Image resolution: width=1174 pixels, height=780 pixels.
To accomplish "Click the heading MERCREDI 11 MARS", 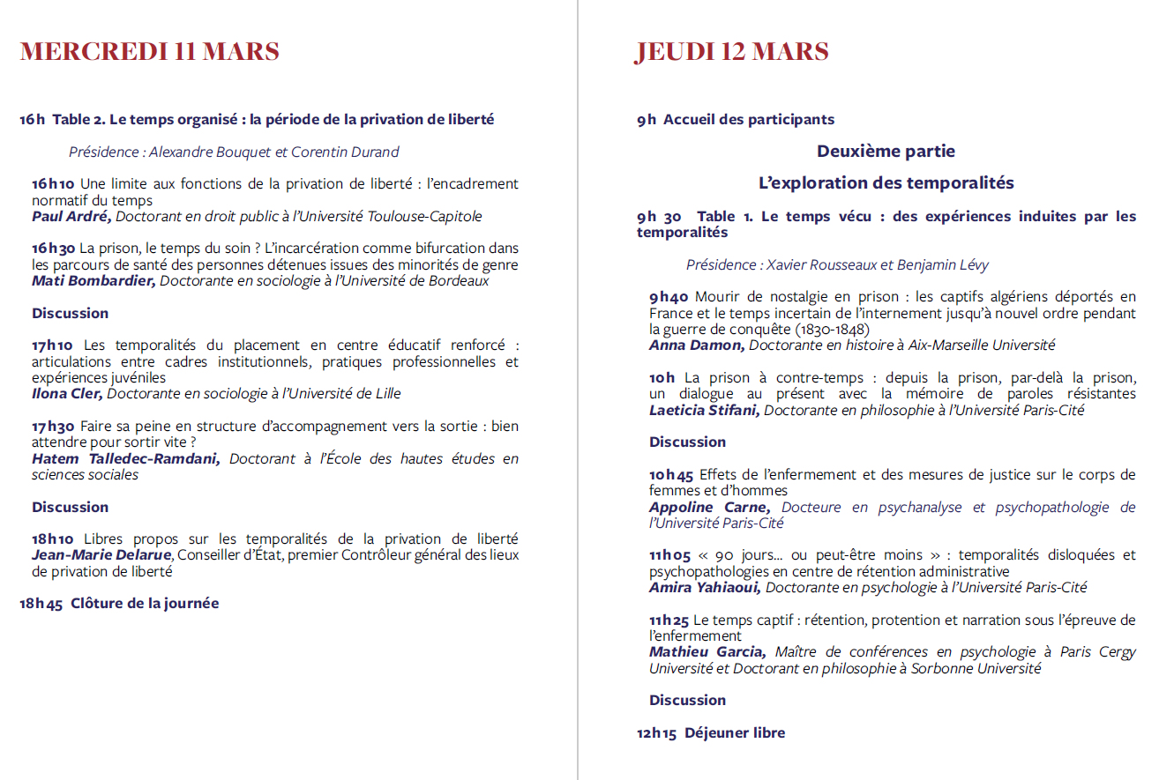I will [149, 52].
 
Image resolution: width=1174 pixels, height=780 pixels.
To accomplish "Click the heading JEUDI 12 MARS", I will [731, 52].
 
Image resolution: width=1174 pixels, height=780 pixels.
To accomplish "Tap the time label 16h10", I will [53, 184].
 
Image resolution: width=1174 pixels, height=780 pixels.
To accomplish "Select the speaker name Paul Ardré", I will [71, 216].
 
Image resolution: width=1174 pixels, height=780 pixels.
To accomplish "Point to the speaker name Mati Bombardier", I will [93, 281].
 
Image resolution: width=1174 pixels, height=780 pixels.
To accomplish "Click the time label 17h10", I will [53, 345].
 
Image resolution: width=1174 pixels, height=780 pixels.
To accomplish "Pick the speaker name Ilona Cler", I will [67, 394].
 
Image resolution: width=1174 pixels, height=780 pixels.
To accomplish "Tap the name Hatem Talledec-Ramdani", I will [125, 459].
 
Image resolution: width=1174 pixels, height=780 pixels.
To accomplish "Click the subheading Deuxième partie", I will [886, 152].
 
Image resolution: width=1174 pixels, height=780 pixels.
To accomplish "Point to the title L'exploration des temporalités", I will [886, 183].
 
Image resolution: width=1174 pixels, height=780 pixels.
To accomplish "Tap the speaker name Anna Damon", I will [697, 345].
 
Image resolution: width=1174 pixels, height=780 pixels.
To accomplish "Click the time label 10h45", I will [671, 475].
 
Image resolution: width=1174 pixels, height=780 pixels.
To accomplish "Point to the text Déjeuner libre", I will [734, 733].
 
